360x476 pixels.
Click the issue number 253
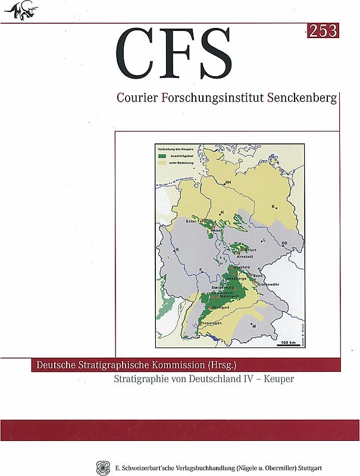pos(323,30)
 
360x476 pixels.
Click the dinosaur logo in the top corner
pos(19,10)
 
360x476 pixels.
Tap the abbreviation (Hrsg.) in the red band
pos(223,364)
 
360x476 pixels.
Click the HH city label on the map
pos(228,183)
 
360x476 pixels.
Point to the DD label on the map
pos(284,243)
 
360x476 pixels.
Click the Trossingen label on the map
pos(211,322)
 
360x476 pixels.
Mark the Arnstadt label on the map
pos(245,256)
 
